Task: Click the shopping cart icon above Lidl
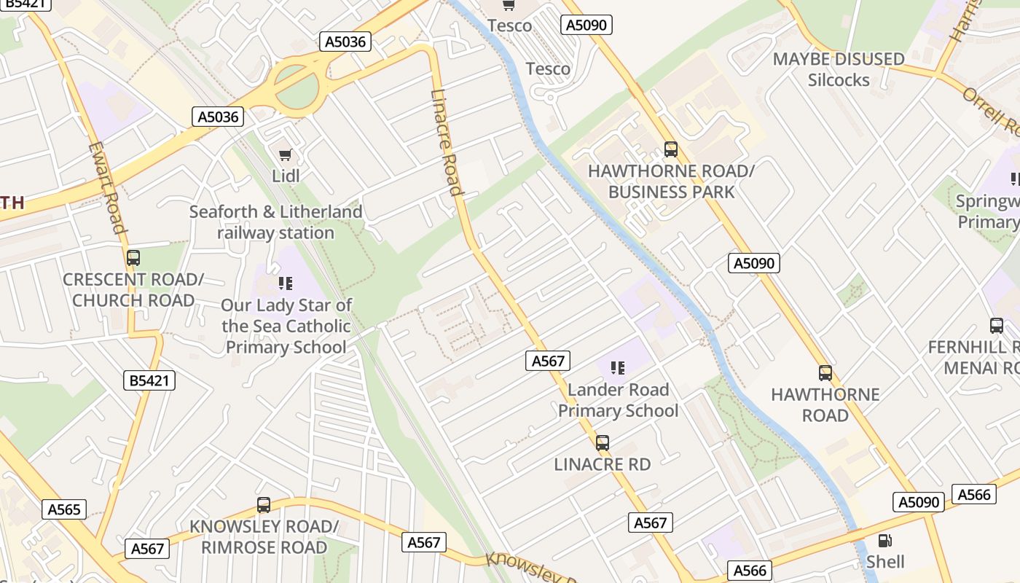pos(286,154)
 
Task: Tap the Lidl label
pos(286,176)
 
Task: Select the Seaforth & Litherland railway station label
pos(276,222)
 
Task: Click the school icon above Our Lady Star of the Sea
pos(286,283)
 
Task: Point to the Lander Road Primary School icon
pos(618,367)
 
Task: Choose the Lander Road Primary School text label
pos(618,400)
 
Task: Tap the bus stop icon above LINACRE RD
pos(603,442)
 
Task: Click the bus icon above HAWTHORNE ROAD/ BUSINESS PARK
pos(671,149)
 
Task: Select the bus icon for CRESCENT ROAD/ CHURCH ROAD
pos(133,257)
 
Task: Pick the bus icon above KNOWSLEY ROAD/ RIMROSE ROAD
pos(264,504)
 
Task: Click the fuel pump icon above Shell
pos(885,541)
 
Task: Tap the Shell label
pos(885,562)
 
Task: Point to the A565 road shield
pos(64,509)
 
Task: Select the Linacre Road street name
pos(447,143)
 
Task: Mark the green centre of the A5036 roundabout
pos(297,86)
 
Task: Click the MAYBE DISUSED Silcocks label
pos(839,69)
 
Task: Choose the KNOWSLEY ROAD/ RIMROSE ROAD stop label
pos(264,537)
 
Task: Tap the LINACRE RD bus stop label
pos(603,464)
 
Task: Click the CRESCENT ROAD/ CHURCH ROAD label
pos(133,290)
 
